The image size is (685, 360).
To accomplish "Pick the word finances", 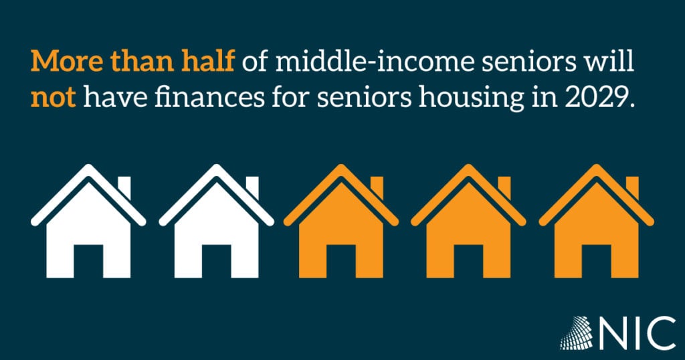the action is point(209,98).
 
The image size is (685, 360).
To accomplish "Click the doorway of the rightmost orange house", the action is point(596,261).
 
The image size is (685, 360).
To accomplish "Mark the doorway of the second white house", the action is point(216,261).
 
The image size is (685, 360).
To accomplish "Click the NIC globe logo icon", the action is point(577,333).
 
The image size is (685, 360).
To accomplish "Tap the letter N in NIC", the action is point(613,333).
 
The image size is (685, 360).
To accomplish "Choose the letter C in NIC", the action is point(662,333).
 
